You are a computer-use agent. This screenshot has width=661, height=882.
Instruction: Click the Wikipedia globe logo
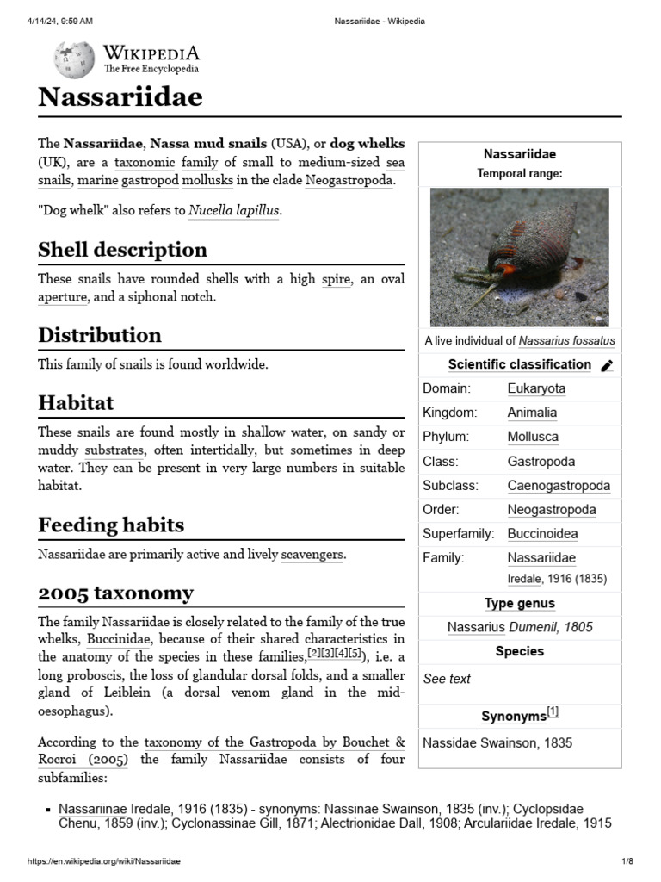point(75,59)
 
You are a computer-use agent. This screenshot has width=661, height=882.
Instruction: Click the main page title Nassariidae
point(120,98)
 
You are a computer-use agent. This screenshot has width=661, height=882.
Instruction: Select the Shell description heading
point(122,250)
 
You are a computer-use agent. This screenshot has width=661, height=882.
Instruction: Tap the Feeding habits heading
point(111,525)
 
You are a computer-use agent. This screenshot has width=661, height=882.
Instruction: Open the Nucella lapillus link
point(234,210)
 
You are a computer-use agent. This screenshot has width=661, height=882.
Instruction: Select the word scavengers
point(312,555)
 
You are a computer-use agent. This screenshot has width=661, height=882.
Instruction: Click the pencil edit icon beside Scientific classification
point(607,365)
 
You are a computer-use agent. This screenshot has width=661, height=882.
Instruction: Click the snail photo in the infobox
point(519,258)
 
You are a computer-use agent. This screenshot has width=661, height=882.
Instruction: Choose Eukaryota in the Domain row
point(536,388)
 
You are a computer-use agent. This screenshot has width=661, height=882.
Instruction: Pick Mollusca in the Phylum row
point(532,437)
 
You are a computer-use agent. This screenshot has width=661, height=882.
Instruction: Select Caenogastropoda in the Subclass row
point(559,485)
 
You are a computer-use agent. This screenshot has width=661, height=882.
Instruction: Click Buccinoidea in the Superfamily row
point(542,533)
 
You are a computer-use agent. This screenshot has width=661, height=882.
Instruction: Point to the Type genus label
point(519,603)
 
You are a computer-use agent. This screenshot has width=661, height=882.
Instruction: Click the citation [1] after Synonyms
point(553,712)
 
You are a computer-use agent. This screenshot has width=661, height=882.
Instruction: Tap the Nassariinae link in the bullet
point(92,809)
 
